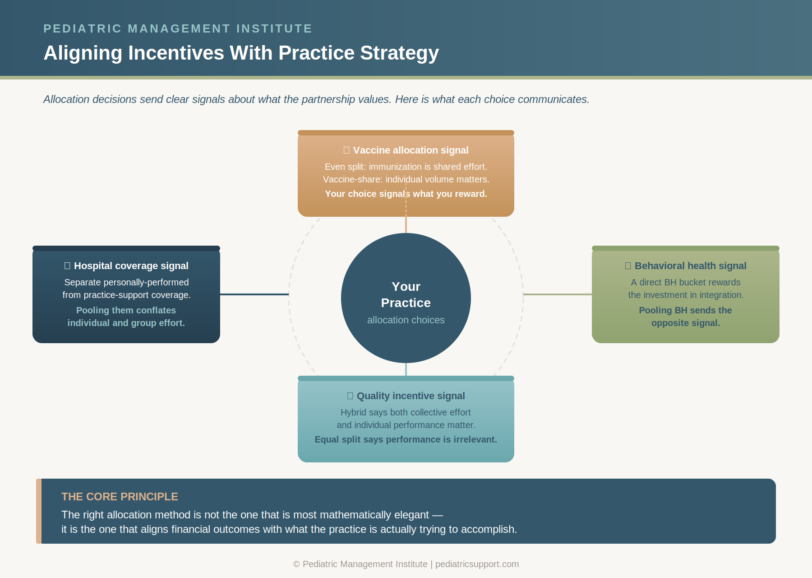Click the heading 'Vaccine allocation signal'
(411, 150)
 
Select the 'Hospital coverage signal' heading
(131, 266)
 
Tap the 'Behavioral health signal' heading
(690, 266)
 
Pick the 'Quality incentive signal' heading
(411, 396)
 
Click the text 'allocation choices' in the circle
(406, 320)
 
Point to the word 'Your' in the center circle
(406, 287)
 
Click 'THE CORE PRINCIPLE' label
(120, 497)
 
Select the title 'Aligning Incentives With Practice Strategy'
(241, 53)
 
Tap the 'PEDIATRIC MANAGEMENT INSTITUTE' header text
(177, 28)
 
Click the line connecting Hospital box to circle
(254, 294)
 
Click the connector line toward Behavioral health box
(558, 294)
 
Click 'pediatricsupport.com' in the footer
(477, 564)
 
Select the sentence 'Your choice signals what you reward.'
(406, 194)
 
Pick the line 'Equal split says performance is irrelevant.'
(406, 439)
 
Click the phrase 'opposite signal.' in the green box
(685, 323)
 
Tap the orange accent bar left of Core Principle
(39, 511)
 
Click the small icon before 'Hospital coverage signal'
(67, 266)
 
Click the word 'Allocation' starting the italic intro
(66, 99)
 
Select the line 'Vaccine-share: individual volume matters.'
(406, 179)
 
